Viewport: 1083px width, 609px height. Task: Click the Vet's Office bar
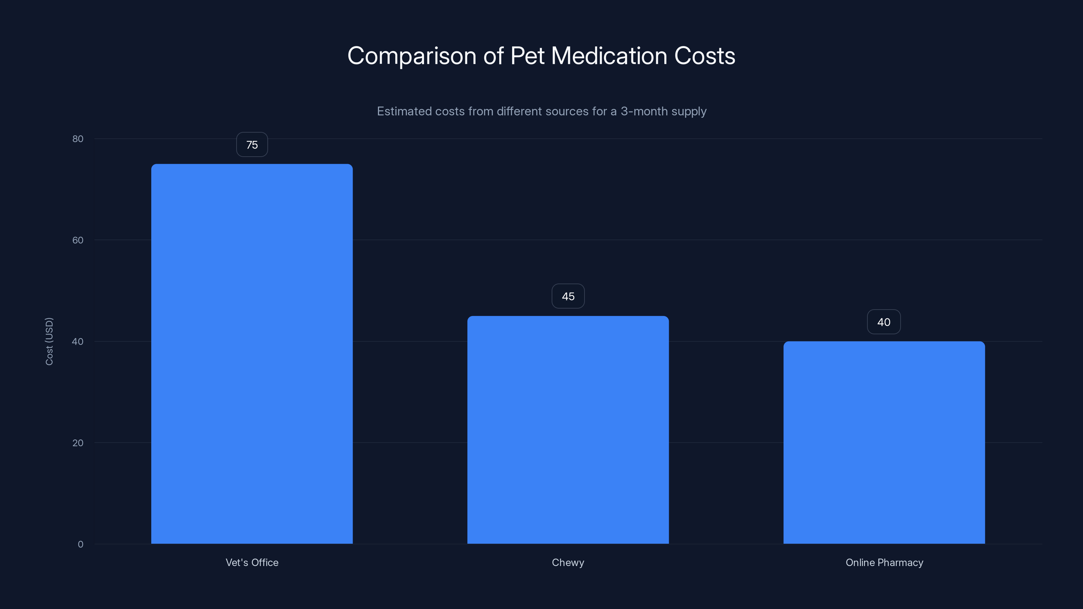pos(252,354)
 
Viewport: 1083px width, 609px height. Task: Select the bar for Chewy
pos(568,430)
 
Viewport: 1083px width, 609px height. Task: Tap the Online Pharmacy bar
pos(884,442)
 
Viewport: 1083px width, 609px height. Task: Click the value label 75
pos(252,144)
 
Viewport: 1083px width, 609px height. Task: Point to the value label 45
pos(568,296)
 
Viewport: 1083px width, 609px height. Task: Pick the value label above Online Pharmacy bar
pos(884,322)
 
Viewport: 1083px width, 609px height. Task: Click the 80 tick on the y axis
pos(78,139)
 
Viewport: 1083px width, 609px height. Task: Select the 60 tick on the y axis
pos(78,240)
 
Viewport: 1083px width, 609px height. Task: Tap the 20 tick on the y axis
pos(78,443)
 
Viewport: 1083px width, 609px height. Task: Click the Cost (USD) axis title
pos(49,341)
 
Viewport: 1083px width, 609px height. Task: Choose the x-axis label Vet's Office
pos(252,562)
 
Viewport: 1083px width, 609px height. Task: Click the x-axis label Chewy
pos(568,562)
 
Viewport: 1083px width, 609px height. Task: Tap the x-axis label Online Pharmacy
pos(884,562)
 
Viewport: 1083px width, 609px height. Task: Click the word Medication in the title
pos(609,56)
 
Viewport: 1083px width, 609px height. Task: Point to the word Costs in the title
pos(705,56)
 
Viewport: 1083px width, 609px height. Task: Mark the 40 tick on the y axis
pos(78,341)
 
